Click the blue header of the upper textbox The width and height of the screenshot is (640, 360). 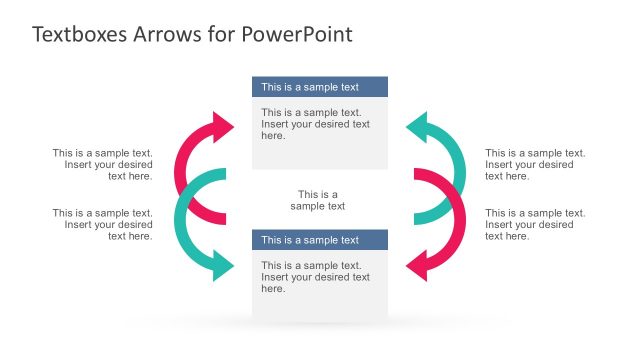tap(319, 87)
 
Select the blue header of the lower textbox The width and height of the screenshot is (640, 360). tap(319, 240)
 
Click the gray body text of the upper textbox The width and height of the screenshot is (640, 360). tap(315, 124)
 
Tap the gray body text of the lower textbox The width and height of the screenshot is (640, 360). tap(315, 277)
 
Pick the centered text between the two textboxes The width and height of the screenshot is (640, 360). tap(318, 200)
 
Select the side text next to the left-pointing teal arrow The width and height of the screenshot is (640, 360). tap(535, 165)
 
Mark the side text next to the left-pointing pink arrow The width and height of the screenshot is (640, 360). tap(535, 224)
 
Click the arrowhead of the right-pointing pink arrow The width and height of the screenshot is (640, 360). tap(222, 127)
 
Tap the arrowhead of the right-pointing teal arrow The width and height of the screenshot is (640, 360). tap(222, 266)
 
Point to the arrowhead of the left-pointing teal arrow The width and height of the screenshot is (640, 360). tap(418, 127)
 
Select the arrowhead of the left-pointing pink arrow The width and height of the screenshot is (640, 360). tap(418, 266)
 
